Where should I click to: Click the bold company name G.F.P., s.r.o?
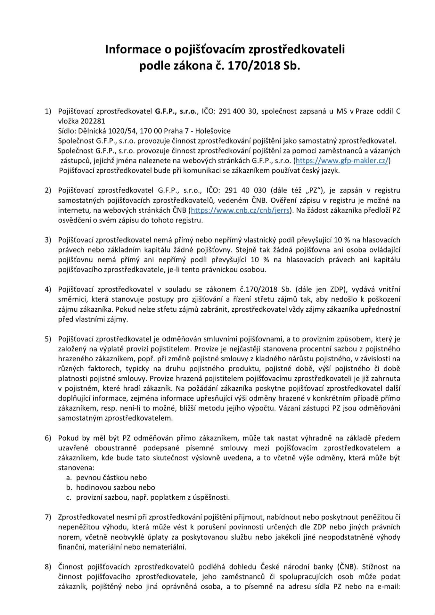coord(176,111)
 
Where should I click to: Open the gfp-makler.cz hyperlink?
coord(342,160)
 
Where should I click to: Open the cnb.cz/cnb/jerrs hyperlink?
coord(240,210)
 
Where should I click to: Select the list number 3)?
coord(48,240)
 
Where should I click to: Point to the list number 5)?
coord(48,339)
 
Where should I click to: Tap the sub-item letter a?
coord(69,478)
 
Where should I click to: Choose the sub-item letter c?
coord(69,497)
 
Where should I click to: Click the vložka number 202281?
coord(93,121)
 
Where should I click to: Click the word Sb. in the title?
coord(291,66)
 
